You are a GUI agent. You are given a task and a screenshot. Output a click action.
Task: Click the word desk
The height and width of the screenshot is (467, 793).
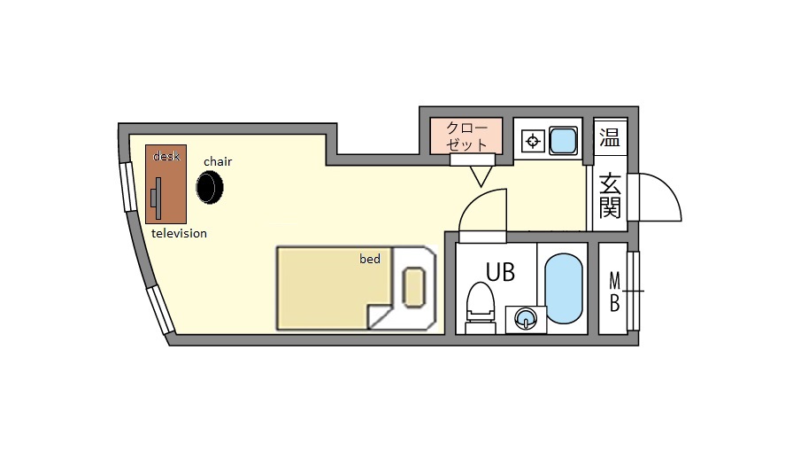166,156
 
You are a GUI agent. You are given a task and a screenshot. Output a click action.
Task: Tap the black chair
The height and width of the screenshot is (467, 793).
210,187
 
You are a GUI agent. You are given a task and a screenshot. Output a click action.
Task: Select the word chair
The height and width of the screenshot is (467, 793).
218,161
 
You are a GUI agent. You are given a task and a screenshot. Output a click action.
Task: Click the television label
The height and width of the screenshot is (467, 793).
179,234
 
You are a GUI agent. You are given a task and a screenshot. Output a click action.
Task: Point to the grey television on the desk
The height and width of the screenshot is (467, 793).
157,198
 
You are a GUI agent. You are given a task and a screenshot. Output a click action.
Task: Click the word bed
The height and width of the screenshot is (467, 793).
370,259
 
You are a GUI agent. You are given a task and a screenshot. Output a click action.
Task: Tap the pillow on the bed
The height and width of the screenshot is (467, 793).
413,287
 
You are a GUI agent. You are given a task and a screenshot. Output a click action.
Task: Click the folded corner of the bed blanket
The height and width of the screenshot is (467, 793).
380,316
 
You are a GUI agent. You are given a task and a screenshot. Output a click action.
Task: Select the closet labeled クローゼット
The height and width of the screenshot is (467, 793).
466,136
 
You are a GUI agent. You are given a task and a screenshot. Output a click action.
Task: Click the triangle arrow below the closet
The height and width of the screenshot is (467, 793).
481,176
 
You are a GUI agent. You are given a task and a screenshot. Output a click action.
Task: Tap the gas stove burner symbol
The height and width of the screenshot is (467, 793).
533,141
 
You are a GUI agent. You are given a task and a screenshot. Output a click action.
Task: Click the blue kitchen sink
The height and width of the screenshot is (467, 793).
563,140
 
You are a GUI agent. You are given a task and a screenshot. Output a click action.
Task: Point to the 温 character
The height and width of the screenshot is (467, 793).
610,136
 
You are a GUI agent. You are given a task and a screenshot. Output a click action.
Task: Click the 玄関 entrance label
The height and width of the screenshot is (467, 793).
610,196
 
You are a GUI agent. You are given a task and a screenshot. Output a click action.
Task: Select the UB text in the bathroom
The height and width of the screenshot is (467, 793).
500,272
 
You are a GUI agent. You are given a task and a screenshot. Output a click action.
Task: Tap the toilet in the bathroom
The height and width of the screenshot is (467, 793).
480,307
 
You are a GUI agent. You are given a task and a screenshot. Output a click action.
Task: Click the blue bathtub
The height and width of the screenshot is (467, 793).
564,288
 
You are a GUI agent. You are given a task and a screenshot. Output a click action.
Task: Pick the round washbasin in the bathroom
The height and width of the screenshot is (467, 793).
526,319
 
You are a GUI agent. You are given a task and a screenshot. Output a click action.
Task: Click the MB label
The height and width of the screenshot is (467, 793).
614,292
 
